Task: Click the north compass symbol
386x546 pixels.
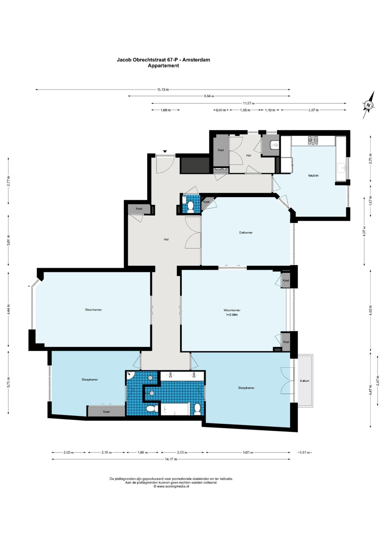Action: (x=369, y=105)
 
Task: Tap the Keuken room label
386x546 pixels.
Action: (x=313, y=175)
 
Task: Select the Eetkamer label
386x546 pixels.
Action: (x=246, y=232)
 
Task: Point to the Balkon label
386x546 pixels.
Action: (x=304, y=381)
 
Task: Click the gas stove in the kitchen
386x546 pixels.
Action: (x=313, y=140)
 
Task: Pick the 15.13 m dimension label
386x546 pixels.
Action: (x=163, y=90)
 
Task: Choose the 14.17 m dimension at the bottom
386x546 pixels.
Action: (x=171, y=459)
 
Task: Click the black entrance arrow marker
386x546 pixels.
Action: (x=165, y=151)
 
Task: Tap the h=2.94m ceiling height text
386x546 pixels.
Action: (x=232, y=315)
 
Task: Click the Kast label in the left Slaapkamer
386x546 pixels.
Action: (x=106, y=412)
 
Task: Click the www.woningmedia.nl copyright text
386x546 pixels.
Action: (x=171, y=486)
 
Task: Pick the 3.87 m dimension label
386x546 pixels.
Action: (x=313, y=110)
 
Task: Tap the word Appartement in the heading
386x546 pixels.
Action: (x=163, y=66)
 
